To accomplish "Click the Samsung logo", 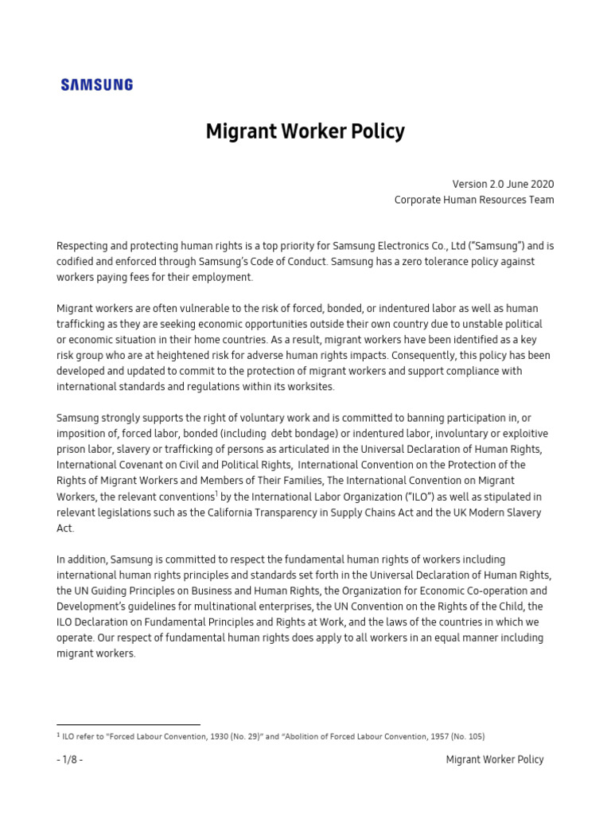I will click(x=97, y=84).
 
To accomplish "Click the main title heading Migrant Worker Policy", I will click(x=305, y=131).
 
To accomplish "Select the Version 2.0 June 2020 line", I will click(x=503, y=184).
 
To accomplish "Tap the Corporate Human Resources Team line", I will click(x=474, y=200).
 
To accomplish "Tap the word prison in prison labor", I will click(x=70, y=450).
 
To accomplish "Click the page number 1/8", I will click(x=70, y=760).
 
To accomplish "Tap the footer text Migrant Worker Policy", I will click(x=495, y=760).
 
